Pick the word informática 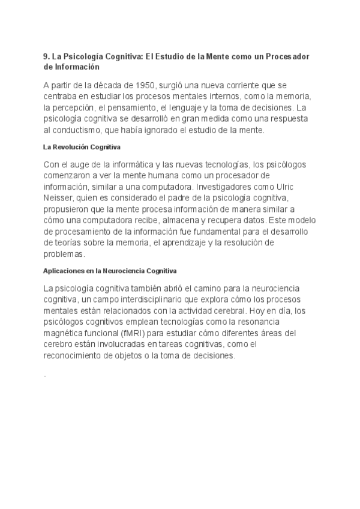pos(133,164)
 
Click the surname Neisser pos(58,197)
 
